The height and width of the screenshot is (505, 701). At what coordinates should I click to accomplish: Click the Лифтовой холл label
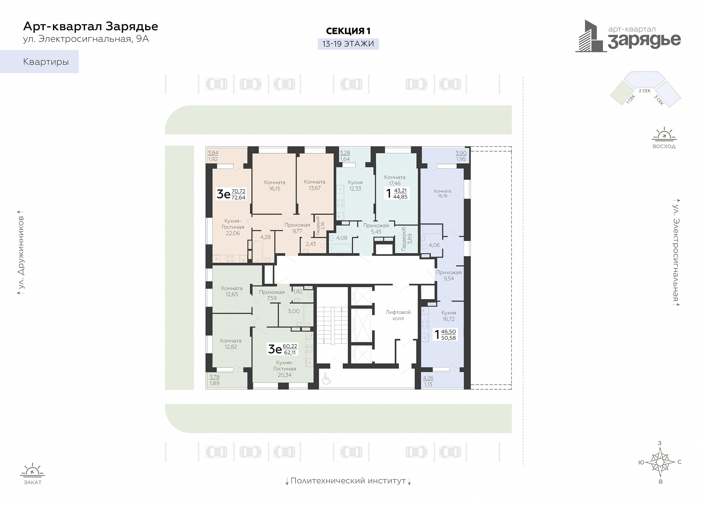coord(398,315)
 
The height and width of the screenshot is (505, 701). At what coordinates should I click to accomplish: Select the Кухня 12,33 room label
coord(355,185)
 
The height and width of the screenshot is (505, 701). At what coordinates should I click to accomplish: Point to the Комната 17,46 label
coord(395,180)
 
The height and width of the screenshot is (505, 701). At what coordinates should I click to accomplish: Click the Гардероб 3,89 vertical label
coord(407,239)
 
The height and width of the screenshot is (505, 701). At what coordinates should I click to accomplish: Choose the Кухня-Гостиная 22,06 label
coord(233,227)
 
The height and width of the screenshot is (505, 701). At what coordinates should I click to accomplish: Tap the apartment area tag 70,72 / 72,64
coord(238,194)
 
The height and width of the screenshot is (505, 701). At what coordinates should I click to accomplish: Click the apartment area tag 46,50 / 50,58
coord(448,335)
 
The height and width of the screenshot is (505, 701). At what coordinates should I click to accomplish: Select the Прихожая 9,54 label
coord(449,275)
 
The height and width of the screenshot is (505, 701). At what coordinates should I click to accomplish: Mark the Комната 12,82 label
coord(231,344)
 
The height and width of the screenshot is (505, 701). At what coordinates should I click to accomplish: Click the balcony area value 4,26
coord(428,378)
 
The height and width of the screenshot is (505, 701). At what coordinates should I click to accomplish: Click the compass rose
coord(660,462)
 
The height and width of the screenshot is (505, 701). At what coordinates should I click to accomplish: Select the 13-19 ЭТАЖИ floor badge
coord(348,44)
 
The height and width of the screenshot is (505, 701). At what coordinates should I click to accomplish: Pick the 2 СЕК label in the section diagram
coord(644,91)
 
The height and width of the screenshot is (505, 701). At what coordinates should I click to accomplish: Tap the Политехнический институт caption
coord(348,481)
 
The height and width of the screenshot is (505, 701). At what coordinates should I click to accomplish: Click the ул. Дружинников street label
coord(21,252)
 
